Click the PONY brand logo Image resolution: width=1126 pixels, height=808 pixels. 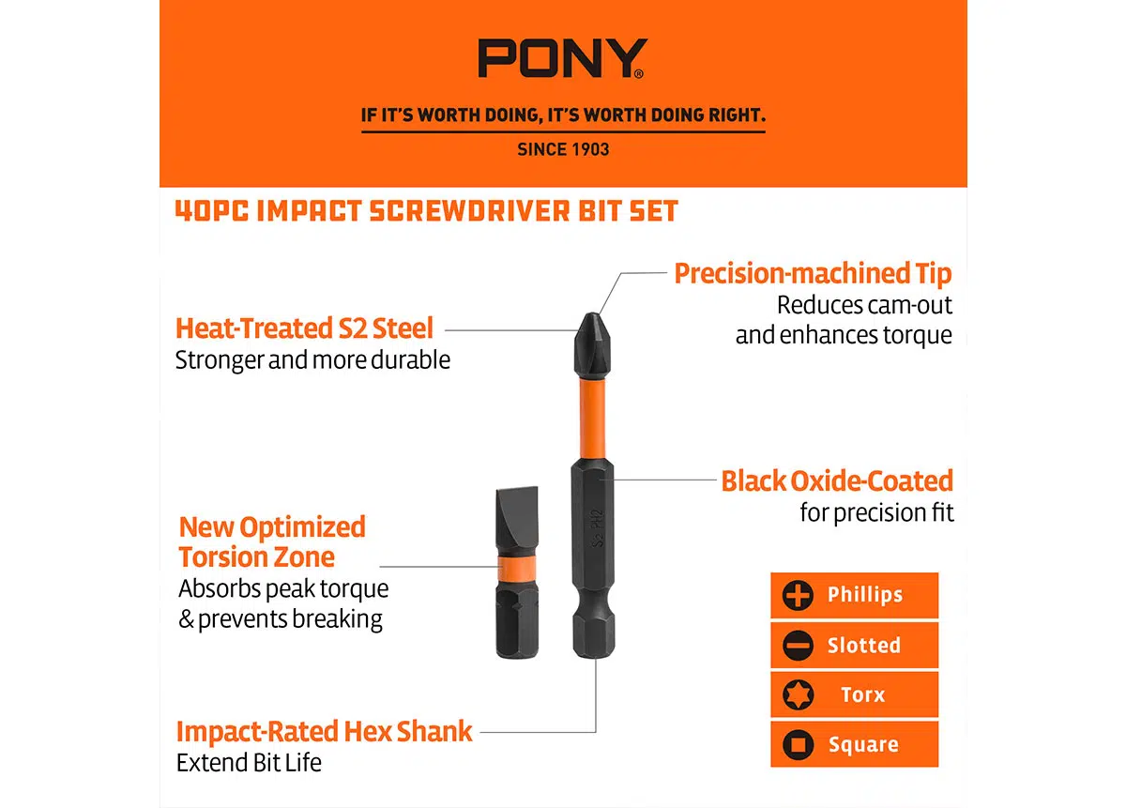(562, 58)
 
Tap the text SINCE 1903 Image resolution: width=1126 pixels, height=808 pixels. (563, 149)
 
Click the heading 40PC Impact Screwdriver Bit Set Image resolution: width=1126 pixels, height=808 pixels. (427, 210)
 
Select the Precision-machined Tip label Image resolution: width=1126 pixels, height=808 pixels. (813, 274)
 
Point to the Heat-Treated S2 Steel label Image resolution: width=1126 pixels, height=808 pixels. (304, 328)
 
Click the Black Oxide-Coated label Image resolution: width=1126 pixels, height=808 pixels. (837, 480)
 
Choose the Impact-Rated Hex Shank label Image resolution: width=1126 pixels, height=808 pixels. (325, 732)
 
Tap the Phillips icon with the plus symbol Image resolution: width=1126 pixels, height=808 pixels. (798, 595)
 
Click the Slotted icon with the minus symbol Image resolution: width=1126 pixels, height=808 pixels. (798, 645)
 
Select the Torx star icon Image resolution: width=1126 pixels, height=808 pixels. (798, 694)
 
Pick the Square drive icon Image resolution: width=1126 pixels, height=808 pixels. (798, 744)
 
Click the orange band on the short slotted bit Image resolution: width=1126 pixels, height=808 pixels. (517, 568)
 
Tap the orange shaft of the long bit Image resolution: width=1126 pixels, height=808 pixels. (593, 419)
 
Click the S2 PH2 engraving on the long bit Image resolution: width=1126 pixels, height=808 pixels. (596, 528)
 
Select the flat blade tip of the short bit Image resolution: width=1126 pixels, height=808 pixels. (517, 520)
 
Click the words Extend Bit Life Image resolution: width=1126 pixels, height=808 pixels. (249, 763)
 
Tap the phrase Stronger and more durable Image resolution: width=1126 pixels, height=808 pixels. (312, 360)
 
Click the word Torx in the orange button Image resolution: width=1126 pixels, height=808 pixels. (862, 694)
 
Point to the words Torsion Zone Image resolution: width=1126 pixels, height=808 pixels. (257, 557)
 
